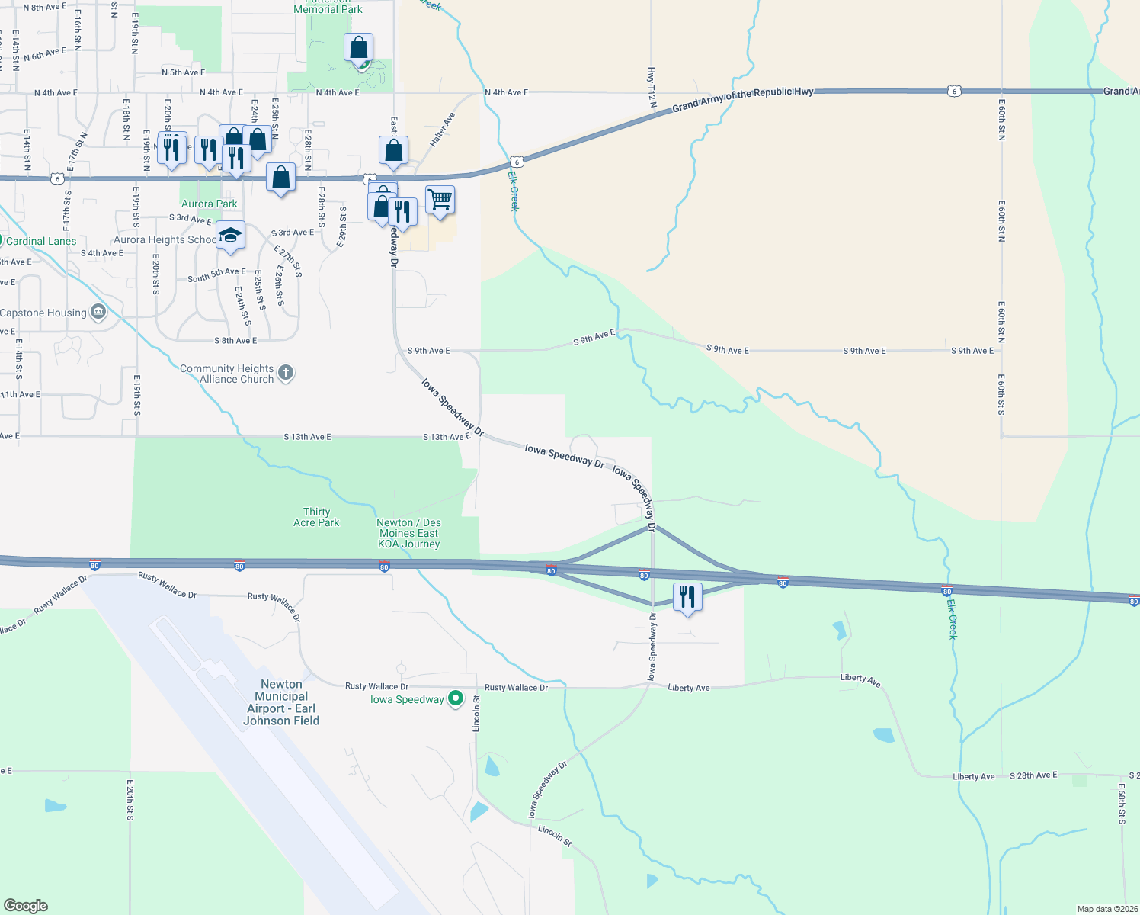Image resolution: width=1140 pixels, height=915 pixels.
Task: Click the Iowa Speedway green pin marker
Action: (x=456, y=698)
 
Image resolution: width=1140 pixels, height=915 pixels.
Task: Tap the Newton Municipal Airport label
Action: (x=281, y=702)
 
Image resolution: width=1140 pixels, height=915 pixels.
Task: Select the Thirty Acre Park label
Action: (x=316, y=517)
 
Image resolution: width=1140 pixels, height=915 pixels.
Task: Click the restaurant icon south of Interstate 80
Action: (x=687, y=597)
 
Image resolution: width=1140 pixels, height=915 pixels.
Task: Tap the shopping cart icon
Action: (x=440, y=200)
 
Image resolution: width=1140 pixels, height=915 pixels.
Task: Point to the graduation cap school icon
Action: (x=230, y=235)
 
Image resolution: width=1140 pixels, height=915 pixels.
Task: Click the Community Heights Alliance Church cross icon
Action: (x=286, y=373)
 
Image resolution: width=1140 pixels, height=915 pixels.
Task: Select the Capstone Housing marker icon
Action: (x=98, y=312)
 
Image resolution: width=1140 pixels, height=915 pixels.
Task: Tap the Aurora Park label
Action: (x=210, y=204)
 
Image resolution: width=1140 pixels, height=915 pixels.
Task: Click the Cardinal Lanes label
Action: (x=41, y=241)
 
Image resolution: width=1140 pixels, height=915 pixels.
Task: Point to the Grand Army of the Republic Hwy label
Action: (x=742, y=98)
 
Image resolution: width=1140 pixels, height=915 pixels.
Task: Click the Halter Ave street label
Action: (x=442, y=130)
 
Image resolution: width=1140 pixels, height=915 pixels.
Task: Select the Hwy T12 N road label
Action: (x=651, y=85)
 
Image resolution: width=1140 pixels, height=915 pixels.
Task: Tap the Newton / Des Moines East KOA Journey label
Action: (x=409, y=533)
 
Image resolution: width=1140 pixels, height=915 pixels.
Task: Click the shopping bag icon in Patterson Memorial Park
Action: (x=358, y=48)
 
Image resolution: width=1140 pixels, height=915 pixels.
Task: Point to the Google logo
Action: (x=26, y=906)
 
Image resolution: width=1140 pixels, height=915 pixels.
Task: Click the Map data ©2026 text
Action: (x=1106, y=909)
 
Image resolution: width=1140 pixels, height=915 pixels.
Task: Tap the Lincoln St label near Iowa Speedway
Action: (x=476, y=714)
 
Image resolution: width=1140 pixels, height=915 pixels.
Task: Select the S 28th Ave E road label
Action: (x=1033, y=775)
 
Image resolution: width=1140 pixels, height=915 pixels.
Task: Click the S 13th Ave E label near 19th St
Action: (x=308, y=437)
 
